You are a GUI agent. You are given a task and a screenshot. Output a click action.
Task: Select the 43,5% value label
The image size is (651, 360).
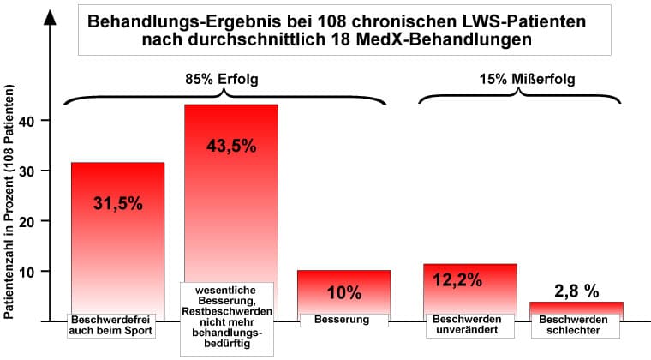click(231, 145)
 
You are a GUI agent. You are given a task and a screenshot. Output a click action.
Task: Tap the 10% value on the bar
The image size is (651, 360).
click(344, 293)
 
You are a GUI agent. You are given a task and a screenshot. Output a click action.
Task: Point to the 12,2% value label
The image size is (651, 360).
click(458, 279)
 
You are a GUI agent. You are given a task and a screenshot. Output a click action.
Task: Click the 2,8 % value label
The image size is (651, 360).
click(576, 291)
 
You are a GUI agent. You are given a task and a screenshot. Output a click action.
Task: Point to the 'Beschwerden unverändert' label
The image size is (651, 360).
click(470, 325)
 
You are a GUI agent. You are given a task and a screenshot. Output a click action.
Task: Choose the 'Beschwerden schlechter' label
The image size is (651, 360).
click(575, 325)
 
